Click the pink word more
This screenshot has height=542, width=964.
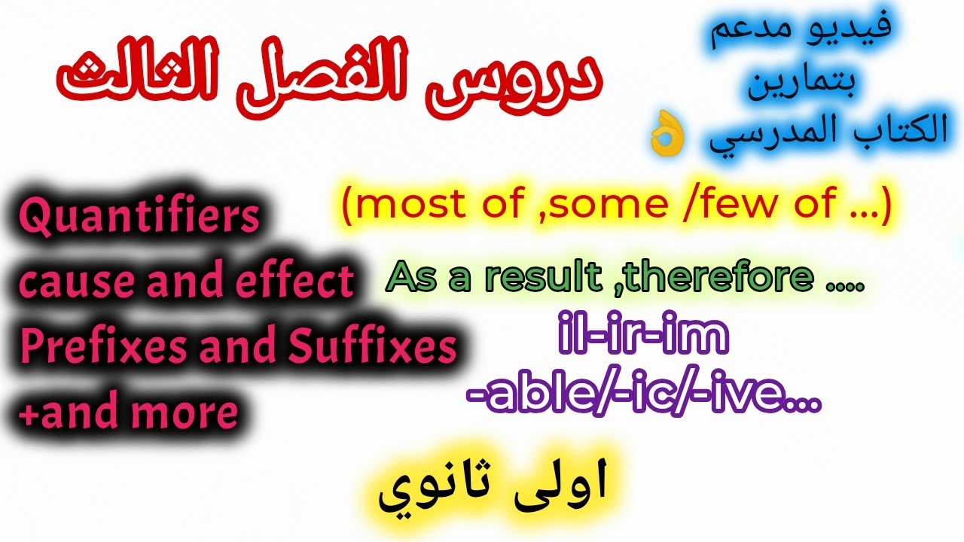click(190, 413)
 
